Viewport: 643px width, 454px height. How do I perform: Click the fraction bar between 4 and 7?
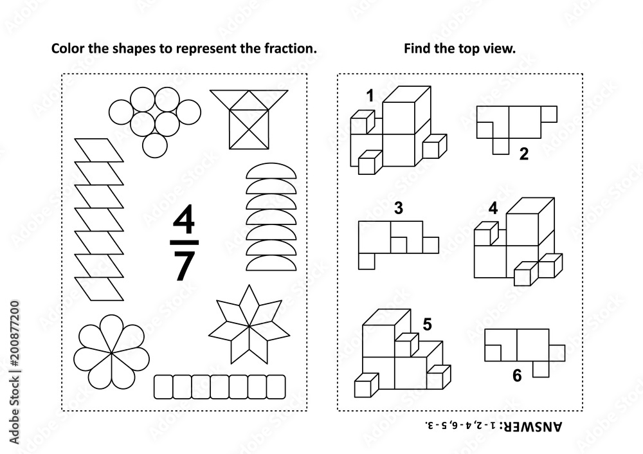click(184, 243)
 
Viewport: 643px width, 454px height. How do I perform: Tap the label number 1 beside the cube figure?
click(370, 96)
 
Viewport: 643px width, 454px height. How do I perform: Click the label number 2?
click(523, 154)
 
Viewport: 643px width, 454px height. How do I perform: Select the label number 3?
click(398, 208)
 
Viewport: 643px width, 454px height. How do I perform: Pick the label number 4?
click(493, 208)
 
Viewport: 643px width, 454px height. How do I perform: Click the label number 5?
click(428, 324)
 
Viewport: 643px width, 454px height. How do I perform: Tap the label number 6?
click(517, 376)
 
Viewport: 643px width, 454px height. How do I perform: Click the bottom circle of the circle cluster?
click(155, 145)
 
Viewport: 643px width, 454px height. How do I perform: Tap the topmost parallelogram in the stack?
click(99, 150)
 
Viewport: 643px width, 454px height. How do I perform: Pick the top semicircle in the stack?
click(271, 171)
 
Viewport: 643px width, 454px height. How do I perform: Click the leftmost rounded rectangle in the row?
click(163, 386)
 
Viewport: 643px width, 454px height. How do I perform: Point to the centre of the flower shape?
click(111, 352)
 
